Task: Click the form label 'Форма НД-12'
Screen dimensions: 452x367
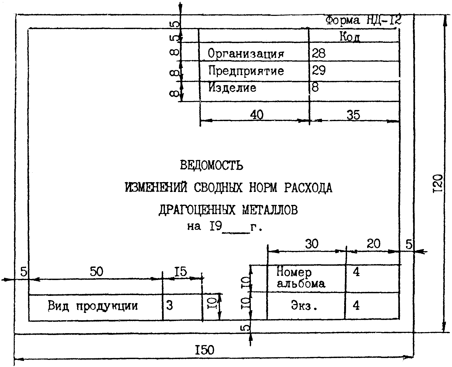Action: [363, 20]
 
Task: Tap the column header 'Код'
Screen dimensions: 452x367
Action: [350, 37]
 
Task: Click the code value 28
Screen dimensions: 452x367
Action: [319, 53]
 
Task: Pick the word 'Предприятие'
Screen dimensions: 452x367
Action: [246, 71]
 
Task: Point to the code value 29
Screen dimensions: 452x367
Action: [319, 71]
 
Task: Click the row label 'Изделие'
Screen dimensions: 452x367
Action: [232, 88]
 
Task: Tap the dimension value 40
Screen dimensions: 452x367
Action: [256, 115]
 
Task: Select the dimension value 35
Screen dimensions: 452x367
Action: [353, 115]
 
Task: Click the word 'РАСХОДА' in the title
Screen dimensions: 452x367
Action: [308, 188]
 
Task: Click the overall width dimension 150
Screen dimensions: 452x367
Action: [205, 350]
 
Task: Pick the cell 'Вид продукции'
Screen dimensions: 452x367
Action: [93, 306]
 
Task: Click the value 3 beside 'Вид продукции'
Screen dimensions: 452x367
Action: [170, 306]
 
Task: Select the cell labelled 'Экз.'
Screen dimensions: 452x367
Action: [304, 306]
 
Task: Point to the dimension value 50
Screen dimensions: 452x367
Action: [96, 272]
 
